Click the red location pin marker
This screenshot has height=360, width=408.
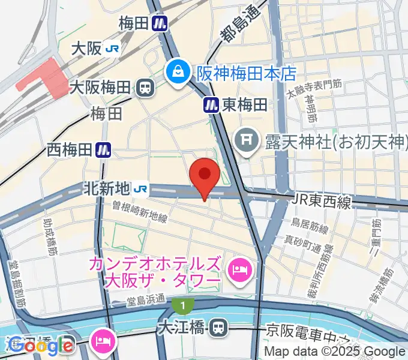(204, 175)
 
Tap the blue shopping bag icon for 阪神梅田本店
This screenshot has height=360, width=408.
(178, 73)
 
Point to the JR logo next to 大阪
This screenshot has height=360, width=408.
(112, 49)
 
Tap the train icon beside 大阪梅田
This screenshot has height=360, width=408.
(145, 88)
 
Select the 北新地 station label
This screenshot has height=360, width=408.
(106, 188)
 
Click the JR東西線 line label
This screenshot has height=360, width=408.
(322, 202)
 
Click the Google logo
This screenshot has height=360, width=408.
(41, 346)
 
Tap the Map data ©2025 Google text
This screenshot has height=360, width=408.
(335, 352)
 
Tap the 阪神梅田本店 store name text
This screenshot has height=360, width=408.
(247, 73)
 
